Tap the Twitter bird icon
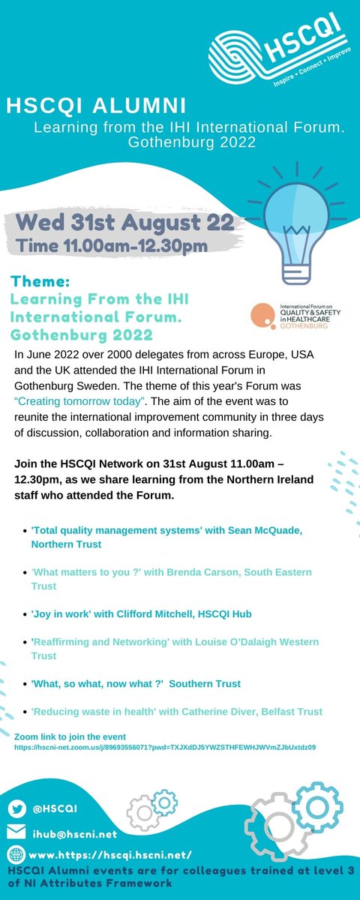[x=18, y=808]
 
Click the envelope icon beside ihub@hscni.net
[x=18, y=832]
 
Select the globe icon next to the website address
[x=18, y=853]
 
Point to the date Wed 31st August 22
[x=118, y=223]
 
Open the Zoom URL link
[x=164, y=747]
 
